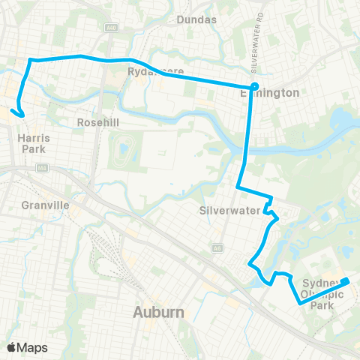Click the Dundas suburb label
pyautogui.click(x=196, y=20)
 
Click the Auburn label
pyautogui.click(x=159, y=311)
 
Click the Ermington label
pyautogui.click(x=269, y=93)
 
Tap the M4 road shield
pyautogui.click(x=42, y=168)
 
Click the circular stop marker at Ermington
pyautogui.click(x=254, y=85)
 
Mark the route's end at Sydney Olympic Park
pyautogui.click(x=347, y=281)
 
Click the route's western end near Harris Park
pyautogui.click(x=13, y=112)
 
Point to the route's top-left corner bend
pyautogui.click(x=30, y=59)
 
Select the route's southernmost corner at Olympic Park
pyautogui.click(x=301, y=304)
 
